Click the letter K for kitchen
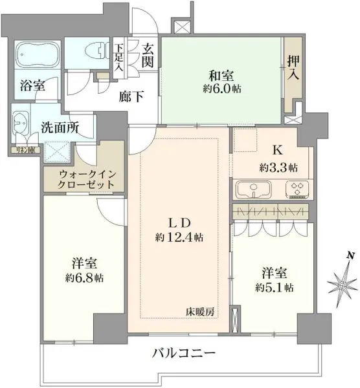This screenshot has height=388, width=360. (278, 151)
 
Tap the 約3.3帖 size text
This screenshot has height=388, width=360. (278, 167)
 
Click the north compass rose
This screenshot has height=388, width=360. (343, 282)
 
